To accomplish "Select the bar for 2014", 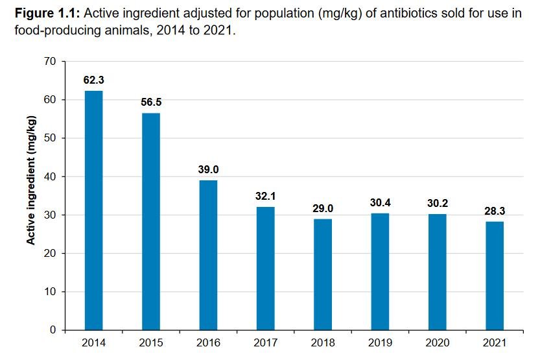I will tap(93, 210).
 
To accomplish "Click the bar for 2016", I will tap(208, 255).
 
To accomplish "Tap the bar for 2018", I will tap(323, 274).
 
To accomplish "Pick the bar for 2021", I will tap(495, 276).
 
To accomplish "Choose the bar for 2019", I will tap(380, 272).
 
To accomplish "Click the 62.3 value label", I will tap(93, 80).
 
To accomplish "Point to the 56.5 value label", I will tap(151, 102).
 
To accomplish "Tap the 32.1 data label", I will tap(266, 196).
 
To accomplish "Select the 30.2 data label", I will tap(438, 203).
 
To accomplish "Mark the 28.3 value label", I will tap(495, 211).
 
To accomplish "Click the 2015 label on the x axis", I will tap(151, 342).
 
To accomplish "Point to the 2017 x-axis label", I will tap(266, 342).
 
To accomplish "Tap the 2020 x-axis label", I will tap(438, 342).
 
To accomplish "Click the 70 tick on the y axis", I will tap(51, 62).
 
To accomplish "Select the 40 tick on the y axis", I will tap(51, 176).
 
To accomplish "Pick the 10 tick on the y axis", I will tap(51, 292).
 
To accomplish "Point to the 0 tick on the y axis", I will tap(53, 330).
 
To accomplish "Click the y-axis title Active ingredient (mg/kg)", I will tap(30, 180).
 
